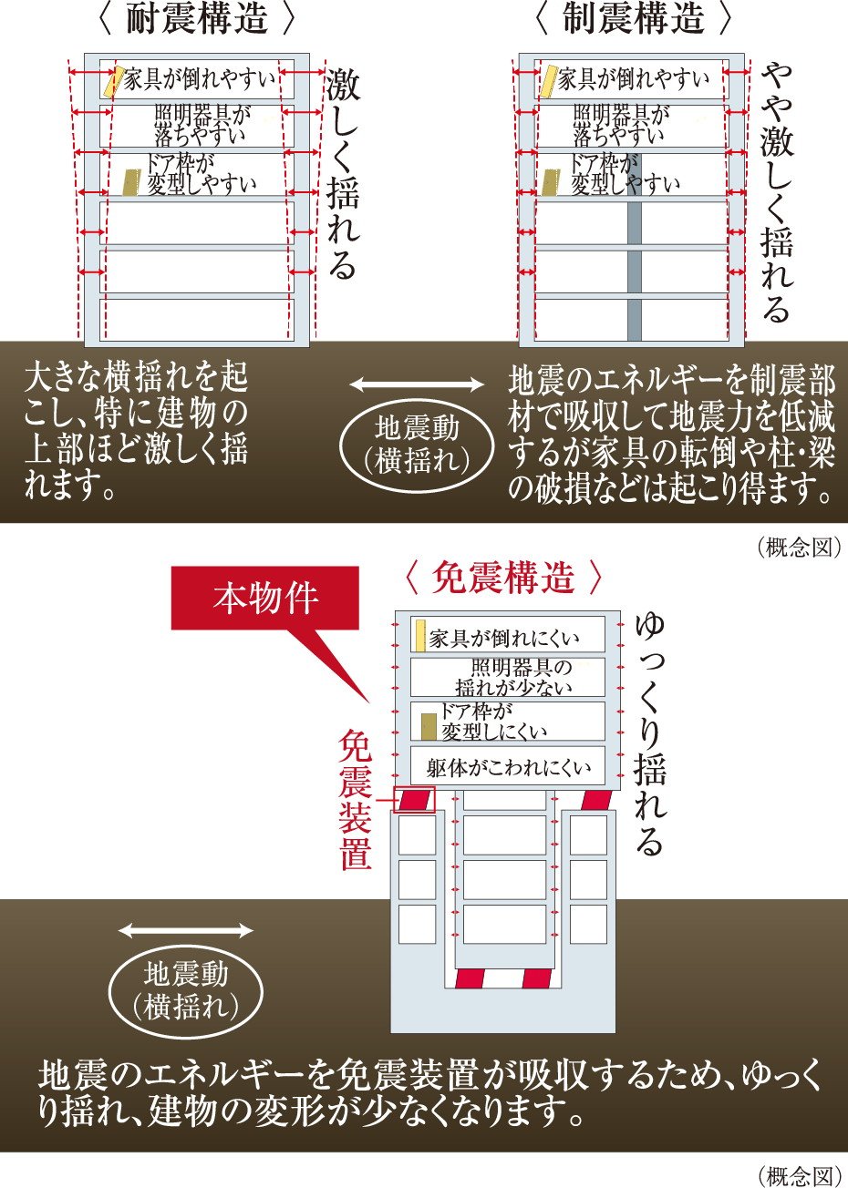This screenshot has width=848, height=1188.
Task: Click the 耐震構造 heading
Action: coord(198,18)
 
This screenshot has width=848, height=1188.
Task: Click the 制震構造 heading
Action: coord(633,18)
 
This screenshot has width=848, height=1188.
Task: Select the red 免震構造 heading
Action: coord(503,578)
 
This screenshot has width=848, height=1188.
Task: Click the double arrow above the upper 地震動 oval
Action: coord(417,384)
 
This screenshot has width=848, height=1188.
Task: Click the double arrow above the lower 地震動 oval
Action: coord(186,930)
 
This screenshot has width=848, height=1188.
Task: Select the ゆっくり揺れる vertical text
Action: coord(649,733)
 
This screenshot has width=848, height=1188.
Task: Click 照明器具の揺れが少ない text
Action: coord(513,677)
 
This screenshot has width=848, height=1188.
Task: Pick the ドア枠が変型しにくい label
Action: coord(493,721)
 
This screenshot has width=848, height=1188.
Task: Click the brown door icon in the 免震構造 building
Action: coord(429,726)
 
